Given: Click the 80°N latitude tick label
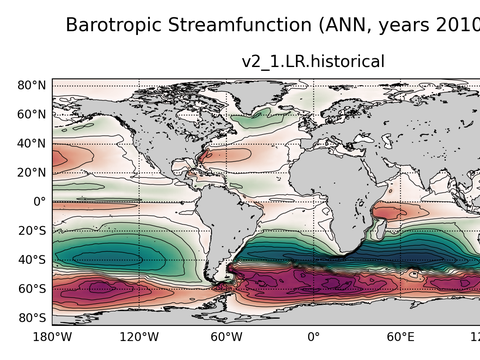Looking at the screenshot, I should point(31,86).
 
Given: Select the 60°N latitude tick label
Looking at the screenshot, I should point(31,114).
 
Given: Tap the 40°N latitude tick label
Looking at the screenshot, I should point(31,143).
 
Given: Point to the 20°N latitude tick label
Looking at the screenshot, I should point(31,172).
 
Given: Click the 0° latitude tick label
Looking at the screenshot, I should point(38,201).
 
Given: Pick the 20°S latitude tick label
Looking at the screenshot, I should point(31,230).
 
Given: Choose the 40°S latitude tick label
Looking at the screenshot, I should point(31,259).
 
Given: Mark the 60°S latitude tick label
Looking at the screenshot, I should point(31,288).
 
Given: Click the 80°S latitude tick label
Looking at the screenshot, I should point(31,317).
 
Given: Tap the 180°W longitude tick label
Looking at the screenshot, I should point(52,337).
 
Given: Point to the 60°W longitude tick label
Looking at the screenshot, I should point(226,337).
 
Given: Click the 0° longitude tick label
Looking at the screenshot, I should point(313,337).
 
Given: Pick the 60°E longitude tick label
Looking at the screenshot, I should point(400,337).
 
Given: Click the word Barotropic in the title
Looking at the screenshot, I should point(118,24).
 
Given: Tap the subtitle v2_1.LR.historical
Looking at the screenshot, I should point(313,62).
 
